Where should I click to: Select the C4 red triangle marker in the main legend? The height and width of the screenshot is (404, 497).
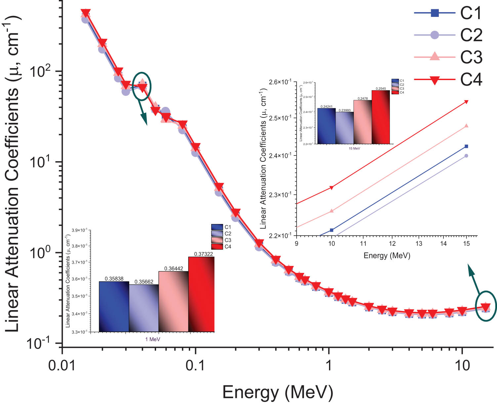(435, 80)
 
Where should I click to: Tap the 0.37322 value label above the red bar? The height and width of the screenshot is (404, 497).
(203, 254)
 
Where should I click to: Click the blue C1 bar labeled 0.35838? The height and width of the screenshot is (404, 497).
(114, 306)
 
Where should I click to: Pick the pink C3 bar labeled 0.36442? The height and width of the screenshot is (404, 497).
(173, 301)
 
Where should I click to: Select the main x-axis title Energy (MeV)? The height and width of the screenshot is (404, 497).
(277, 392)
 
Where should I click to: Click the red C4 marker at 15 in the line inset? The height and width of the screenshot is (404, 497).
(467, 102)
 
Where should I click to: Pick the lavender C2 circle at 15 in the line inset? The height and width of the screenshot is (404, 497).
(466, 156)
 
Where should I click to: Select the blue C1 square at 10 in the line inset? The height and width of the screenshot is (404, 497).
(332, 230)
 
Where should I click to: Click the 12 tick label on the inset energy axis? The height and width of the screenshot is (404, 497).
(392, 244)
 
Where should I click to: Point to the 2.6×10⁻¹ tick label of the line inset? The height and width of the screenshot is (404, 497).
(280, 82)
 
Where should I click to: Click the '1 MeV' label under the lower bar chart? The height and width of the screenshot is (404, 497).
(152, 339)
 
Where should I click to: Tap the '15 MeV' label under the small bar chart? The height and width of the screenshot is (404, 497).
(354, 149)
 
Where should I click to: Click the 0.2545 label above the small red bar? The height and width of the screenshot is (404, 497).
(381, 89)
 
